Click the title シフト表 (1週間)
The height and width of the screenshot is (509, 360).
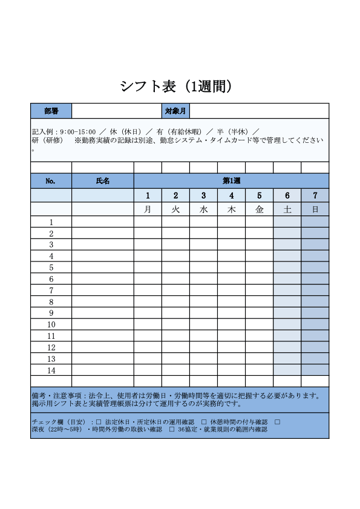click(x=176, y=87)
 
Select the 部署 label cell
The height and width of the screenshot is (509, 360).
click(x=51, y=111)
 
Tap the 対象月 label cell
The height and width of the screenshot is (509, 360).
click(x=175, y=111)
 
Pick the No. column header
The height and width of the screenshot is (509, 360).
click(x=51, y=181)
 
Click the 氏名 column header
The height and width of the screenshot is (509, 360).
click(x=103, y=181)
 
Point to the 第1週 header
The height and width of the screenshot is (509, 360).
click(x=231, y=181)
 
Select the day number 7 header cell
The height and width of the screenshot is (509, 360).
click(x=315, y=195)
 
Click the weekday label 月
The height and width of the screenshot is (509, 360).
click(x=148, y=209)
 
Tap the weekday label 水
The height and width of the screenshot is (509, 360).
click(x=203, y=209)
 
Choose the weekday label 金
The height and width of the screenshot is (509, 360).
click(x=260, y=209)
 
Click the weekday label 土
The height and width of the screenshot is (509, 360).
click(x=287, y=209)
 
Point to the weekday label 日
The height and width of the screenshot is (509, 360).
click(x=315, y=209)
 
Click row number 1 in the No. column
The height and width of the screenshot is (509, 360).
click(x=51, y=222)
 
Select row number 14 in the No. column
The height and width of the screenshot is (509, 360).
click(x=51, y=370)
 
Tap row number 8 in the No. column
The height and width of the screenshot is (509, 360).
click(x=51, y=302)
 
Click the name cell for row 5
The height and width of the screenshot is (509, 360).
click(x=103, y=268)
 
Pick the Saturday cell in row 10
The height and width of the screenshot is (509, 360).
click(x=287, y=324)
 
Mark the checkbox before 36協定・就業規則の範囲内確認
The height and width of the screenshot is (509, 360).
click(x=172, y=430)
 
